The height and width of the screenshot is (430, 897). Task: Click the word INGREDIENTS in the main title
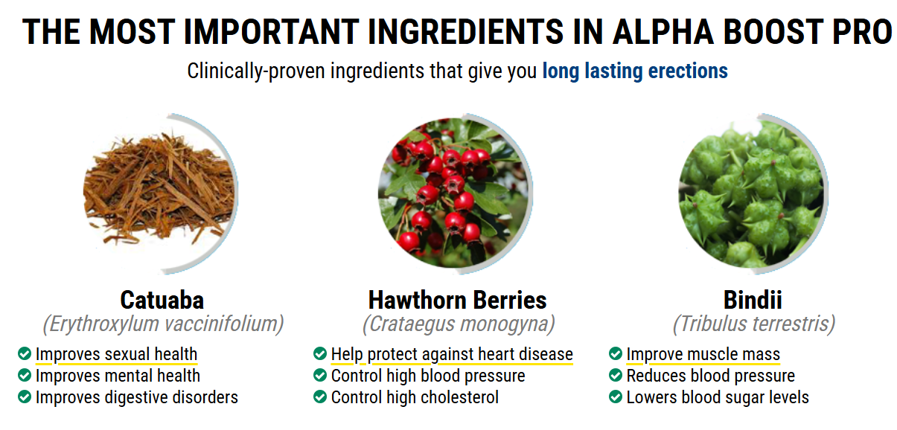[466, 32]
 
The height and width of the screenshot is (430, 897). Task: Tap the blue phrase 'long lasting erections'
[635, 71]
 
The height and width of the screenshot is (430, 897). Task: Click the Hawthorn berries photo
[456, 193]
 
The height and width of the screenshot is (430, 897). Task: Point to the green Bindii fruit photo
[753, 193]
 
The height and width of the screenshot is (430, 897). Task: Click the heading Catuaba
[162, 300]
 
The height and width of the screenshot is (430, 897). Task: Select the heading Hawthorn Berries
[457, 300]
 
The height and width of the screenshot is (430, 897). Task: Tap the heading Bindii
[753, 300]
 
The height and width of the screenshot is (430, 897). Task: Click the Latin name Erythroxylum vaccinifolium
[163, 324]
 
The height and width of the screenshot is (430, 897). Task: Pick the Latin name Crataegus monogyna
[459, 324]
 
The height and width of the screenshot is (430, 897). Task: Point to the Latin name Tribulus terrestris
[754, 324]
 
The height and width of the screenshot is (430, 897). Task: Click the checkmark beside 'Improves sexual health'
[25, 353]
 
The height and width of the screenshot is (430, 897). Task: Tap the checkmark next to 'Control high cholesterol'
[320, 397]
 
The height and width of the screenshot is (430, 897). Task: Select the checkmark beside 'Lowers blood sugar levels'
[616, 397]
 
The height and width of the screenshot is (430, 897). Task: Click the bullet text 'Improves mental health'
[118, 376]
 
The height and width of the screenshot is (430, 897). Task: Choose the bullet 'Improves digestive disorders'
[137, 397]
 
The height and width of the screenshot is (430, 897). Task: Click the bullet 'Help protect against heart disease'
[452, 355]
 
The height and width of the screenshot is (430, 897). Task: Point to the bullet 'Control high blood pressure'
[428, 376]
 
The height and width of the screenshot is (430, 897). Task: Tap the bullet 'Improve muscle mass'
[703, 354]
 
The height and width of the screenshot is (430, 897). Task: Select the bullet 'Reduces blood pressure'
[711, 376]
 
